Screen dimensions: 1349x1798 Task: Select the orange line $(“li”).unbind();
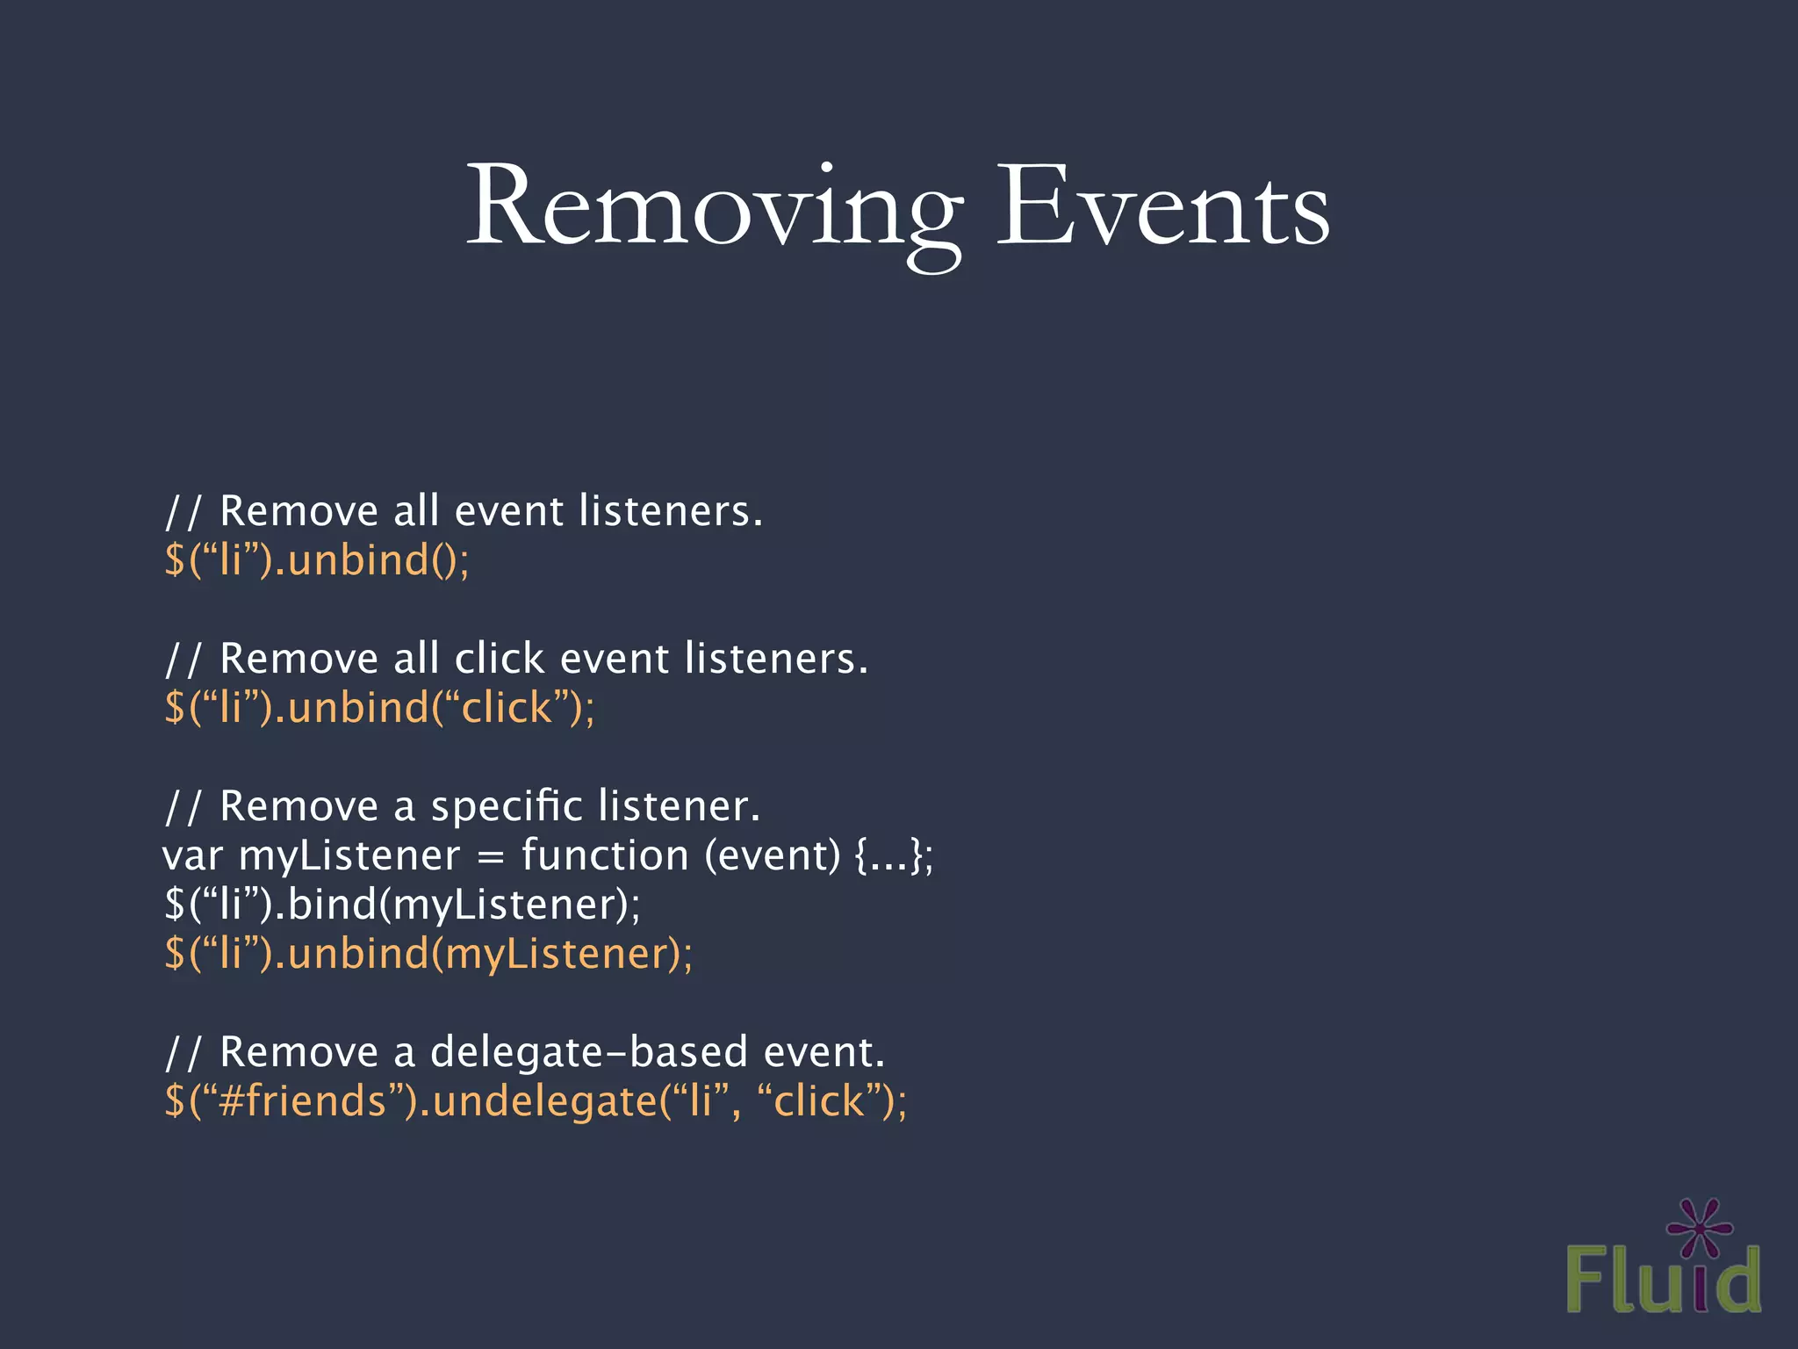(317, 560)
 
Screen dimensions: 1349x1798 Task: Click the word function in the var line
(605, 855)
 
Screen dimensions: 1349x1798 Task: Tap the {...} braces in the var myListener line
(887, 855)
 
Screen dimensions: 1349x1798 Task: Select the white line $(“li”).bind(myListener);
(402, 905)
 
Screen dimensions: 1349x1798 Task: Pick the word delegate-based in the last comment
(588, 1052)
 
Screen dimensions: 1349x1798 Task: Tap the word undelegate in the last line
(544, 1101)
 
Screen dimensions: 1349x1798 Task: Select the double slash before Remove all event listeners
(183, 511)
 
